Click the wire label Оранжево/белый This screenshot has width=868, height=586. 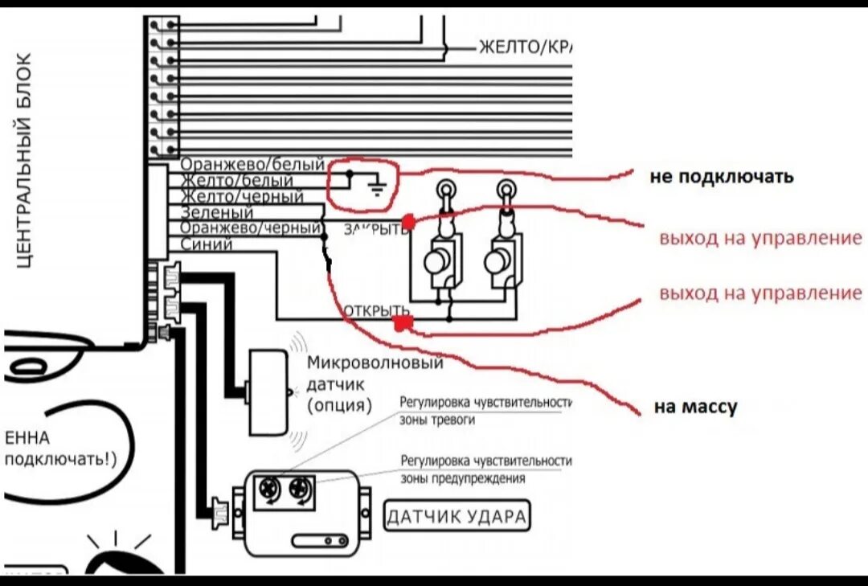click(x=252, y=166)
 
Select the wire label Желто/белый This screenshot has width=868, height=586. click(x=237, y=182)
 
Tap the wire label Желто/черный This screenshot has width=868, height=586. click(x=242, y=197)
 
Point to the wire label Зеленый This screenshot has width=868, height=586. click(x=217, y=213)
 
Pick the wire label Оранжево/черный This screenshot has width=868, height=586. click(x=252, y=228)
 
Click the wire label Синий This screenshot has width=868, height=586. click(x=207, y=244)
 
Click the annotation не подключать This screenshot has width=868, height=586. click(x=721, y=176)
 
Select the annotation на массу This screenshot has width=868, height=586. click(x=695, y=408)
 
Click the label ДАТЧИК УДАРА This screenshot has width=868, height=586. click(x=458, y=516)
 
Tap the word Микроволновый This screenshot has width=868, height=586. click(x=375, y=363)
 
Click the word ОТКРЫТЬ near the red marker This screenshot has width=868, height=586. click(x=377, y=310)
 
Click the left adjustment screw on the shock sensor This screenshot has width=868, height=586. click(x=267, y=488)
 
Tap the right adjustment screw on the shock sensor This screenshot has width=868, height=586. click(x=299, y=488)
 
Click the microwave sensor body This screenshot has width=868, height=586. click(x=268, y=391)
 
